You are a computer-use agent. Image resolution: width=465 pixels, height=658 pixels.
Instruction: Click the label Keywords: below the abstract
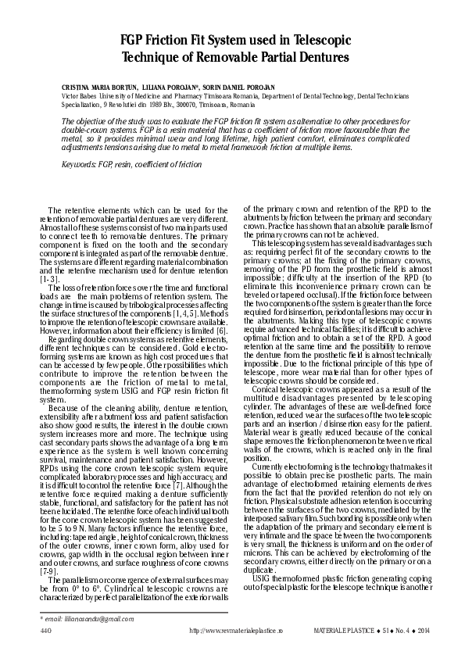point(79,166)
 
